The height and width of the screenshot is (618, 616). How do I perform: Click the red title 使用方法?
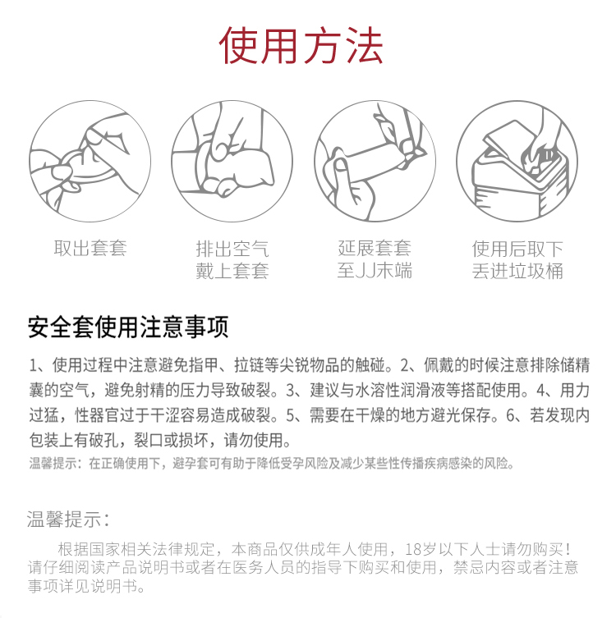click(301, 46)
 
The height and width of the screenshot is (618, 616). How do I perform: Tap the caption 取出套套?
click(90, 249)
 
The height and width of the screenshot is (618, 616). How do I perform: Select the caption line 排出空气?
click(232, 249)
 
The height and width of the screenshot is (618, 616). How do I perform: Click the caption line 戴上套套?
click(232, 271)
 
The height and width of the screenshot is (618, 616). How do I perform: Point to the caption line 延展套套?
click(375, 249)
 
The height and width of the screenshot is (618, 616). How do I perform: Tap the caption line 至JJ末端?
click(375, 271)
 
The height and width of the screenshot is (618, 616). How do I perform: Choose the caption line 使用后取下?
click(517, 249)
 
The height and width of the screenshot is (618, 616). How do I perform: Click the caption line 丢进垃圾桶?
click(517, 271)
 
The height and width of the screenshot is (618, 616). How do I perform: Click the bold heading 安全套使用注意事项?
click(128, 327)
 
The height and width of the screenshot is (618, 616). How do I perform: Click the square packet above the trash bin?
click(508, 139)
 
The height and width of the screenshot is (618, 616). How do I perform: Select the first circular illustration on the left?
click(90, 161)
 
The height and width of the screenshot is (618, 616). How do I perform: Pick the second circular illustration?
click(232, 161)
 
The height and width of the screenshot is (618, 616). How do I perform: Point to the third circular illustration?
click(375, 161)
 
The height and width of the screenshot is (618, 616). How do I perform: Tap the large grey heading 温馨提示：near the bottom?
click(69, 519)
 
